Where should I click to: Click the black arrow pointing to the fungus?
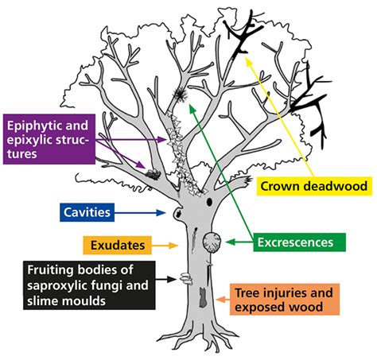pos(171,279)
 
